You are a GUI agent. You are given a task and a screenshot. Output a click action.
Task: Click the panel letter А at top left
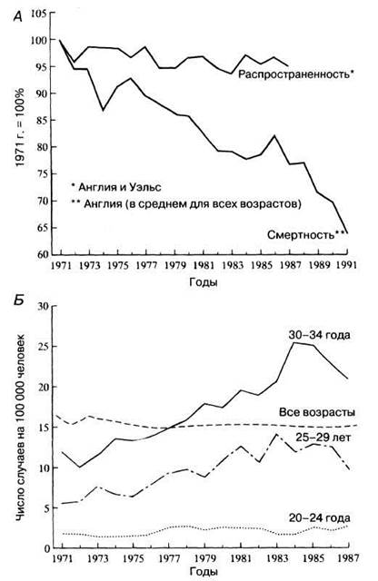tap(17, 16)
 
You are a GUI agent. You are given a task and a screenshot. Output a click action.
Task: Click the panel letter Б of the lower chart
tap(18, 300)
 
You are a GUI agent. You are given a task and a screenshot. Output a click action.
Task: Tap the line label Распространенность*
tap(296, 74)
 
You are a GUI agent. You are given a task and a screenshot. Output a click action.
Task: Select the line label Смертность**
tap(307, 234)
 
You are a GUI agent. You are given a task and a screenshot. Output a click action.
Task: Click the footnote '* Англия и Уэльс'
tap(116, 187)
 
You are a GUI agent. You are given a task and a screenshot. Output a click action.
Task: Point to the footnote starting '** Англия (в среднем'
tap(186, 203)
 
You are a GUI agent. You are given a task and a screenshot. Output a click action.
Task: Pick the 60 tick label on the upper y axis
tap(41, 254)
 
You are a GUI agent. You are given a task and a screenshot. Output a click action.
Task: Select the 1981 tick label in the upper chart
tap(204, 265)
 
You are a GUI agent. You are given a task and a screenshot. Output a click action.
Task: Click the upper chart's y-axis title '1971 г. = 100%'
tap(20, 127)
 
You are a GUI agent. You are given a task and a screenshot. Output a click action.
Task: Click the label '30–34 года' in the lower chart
tap(319, 335)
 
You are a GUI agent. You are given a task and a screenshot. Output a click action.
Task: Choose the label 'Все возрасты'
tap(317, 412)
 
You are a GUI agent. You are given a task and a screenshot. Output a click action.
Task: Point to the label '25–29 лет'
tap(323, 438)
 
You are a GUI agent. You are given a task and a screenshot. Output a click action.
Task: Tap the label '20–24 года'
tap(319, 517)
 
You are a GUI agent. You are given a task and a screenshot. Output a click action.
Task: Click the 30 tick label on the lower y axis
tap(43, 306)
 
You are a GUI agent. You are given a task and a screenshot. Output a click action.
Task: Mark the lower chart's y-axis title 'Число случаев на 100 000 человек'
tap(21, 428)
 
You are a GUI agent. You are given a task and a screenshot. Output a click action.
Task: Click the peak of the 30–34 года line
tap(293, 342)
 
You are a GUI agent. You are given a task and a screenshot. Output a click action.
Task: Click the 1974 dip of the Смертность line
tap(103, 111)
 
